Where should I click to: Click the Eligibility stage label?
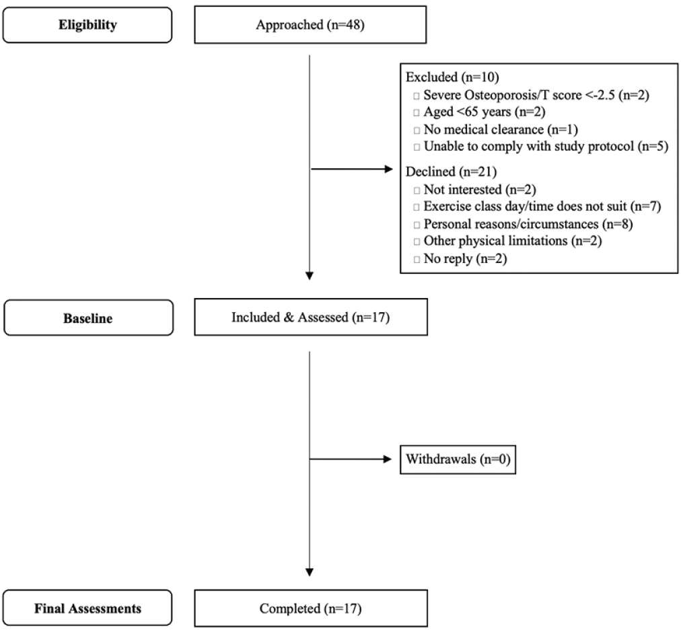87,25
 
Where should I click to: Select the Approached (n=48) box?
310,25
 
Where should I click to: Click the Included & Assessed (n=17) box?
310,317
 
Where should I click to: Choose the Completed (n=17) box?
310,607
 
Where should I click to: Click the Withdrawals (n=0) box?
458,459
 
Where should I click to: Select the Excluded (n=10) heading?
452,77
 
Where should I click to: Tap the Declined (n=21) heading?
451,172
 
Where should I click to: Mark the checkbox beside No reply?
417,260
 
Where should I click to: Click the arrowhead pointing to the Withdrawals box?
388,459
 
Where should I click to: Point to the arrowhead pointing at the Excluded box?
389,169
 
